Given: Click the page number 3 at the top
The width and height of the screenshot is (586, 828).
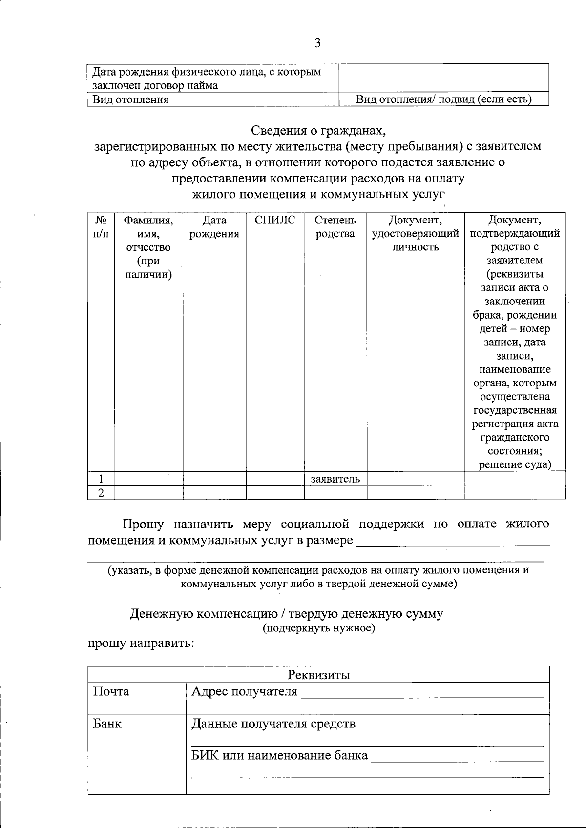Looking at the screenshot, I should pyautogui.click(x=317, y=44).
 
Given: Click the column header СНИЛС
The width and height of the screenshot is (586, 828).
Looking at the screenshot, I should pyautogui.click(x=275, y=220).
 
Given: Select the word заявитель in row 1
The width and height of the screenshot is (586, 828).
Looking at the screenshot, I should pyautogui.click(x=335, y=479).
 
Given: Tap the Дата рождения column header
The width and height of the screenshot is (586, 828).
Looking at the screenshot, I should pyautogui.click(x=214, y=227).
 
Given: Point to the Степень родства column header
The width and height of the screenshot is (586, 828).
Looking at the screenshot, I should pyautogui.click(x=335, y=227).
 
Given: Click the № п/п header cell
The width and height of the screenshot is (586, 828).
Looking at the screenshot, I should pyautogui.click(x=101, y=227).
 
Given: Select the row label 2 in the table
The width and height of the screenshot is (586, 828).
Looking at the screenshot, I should pyautogui.click(x=101, y=493).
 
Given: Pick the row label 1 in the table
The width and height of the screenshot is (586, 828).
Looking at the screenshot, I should pyautogui.click(x=101, y=479).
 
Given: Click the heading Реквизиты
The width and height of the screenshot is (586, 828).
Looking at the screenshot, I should pyautogui.click(x=318, y=675).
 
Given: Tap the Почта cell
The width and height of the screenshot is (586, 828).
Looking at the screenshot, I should pyautogui.click(x=111, y=691).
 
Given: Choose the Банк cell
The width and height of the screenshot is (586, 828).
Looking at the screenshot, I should pyautogui.click(x=107, y=724).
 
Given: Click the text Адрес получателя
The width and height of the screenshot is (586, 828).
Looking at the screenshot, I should pyautogui.click(x=244, y=691).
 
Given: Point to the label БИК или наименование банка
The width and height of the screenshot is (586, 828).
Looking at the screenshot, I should pyautogui.click(x=279, y=756).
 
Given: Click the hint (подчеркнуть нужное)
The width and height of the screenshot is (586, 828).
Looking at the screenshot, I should pyautogui.click(x=318, y=628).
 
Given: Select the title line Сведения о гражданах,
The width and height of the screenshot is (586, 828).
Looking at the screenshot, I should pyautogui.click(x=318, y=130).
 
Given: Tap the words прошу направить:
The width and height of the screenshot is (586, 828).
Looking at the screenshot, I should pyautogui.click(x=141, y=643).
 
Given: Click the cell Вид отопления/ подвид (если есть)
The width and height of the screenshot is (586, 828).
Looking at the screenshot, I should pyautogui.click(x=443, y=100).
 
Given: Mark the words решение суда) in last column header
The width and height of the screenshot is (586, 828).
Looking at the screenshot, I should pyautogui.click(x=515, y=464).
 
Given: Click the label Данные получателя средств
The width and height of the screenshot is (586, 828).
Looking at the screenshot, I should pyautogui.click(x=273, y=724).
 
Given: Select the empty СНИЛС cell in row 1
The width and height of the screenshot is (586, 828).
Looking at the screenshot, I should pyautogui.click(x=275, y=479).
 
